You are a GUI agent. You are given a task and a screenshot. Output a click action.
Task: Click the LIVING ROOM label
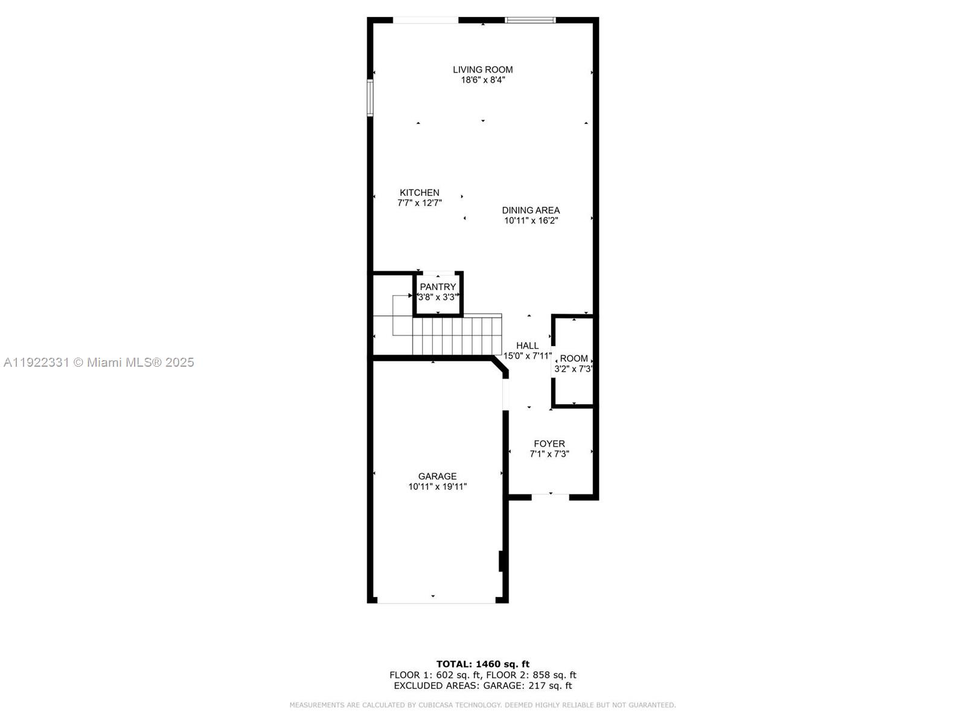point(482,69)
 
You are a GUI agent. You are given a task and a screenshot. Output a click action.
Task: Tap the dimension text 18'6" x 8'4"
point(482,80)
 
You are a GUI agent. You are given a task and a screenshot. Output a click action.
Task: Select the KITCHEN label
point(419,193)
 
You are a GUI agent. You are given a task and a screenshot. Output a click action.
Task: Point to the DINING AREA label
point(531,210)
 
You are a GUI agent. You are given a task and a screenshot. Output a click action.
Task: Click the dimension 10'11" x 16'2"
point(531,221)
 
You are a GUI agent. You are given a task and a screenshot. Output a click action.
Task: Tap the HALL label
point(527,346)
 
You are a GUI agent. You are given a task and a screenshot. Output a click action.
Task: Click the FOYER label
point(549,443)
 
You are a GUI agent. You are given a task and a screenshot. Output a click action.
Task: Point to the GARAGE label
point(437,476)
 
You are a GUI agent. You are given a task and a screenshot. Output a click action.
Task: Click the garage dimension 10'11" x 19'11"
point(437,486)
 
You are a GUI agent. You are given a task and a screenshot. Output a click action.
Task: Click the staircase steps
point(457,337)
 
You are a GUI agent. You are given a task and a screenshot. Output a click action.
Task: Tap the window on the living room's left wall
point(370,97)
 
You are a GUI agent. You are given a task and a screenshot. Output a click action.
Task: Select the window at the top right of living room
point(530,20)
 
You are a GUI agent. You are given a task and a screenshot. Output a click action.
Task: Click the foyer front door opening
point(550,497)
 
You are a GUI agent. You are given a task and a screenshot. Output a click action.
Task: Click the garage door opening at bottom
point(436,601)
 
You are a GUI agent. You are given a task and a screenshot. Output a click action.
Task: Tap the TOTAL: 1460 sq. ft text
point(482,664)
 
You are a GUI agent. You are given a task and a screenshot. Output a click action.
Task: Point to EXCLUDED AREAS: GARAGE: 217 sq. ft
point(482,686)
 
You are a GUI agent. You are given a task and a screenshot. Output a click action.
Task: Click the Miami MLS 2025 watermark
point(99,362)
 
